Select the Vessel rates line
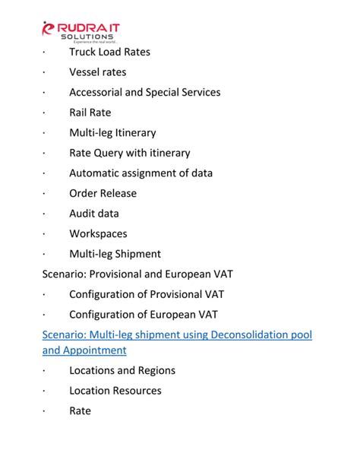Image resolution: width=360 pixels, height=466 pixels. pos(97,72)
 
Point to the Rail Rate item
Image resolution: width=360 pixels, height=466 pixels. pos(90,113)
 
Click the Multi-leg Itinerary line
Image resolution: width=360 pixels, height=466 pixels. pos(112,132)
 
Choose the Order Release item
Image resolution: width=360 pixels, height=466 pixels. pos(103,193)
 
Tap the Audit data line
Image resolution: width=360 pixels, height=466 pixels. pos(93,214)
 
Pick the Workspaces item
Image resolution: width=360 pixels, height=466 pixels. pos(98,233)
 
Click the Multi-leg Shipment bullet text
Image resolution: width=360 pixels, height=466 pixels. pos(115,254)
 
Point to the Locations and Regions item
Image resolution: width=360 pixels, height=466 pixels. pos(122,370)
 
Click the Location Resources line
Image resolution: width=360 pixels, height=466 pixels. pos(115,391)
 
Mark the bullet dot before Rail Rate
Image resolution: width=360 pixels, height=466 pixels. pos(46,113)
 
